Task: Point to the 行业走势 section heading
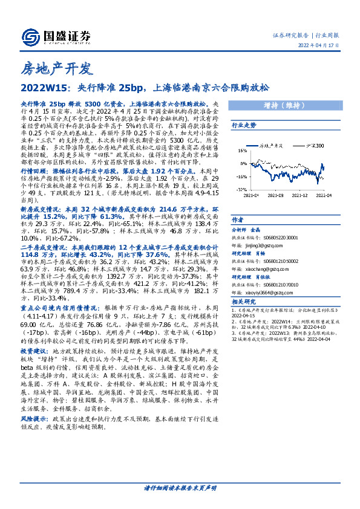pyautogui.click(x=244, y=125)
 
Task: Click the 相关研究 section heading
pyautogui.click(x=243, y=300)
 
